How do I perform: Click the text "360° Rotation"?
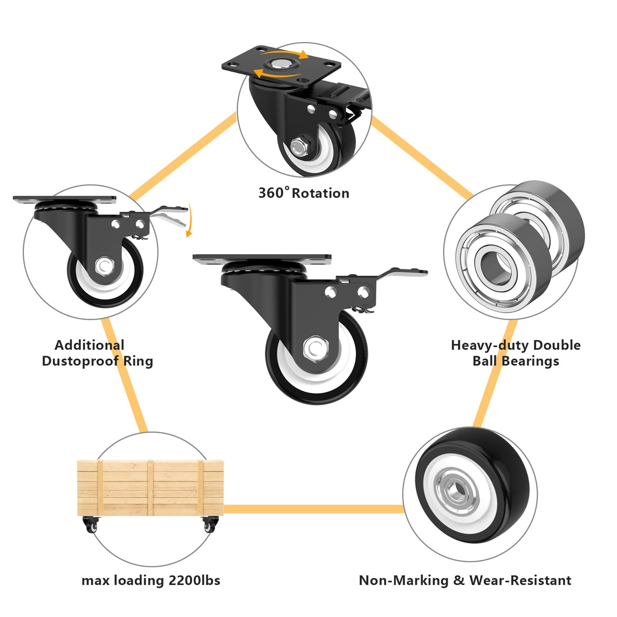click(x=303, y=193)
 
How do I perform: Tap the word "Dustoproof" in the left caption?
click(x=81, y=361)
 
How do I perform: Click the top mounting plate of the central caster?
click(x=262, y=259)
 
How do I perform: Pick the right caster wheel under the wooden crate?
click(x=209, y=526)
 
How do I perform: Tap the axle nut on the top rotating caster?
click(x=298, y=147)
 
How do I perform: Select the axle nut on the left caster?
click(x=105, y=266)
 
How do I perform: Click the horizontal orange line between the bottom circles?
click(x=314, y=509)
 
